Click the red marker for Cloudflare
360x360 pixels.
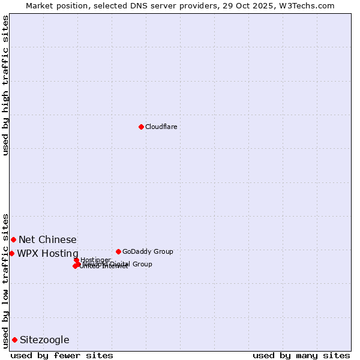[x=141, y=127]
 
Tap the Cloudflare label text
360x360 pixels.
[x=161, y=127]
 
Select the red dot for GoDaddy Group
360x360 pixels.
[x=118, y=251]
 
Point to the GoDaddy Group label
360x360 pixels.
[x=148, y=251]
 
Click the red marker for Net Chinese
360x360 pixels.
[x=13, y=239]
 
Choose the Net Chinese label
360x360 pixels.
[x=47, y=240]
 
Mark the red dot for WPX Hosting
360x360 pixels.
[x=11, y=253]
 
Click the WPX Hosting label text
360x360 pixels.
[x=47, y=253]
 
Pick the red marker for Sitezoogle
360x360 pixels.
[x=14, y=340]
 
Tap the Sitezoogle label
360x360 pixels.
[x=44, y=340]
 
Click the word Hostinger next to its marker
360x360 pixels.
[x=95, y=260]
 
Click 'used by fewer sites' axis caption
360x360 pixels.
[x=62, y=355]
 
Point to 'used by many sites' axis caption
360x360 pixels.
[x=301, y=355]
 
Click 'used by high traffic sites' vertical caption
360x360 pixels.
[x=6, y=85]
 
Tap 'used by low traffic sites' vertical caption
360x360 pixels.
[x=6, y=280]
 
